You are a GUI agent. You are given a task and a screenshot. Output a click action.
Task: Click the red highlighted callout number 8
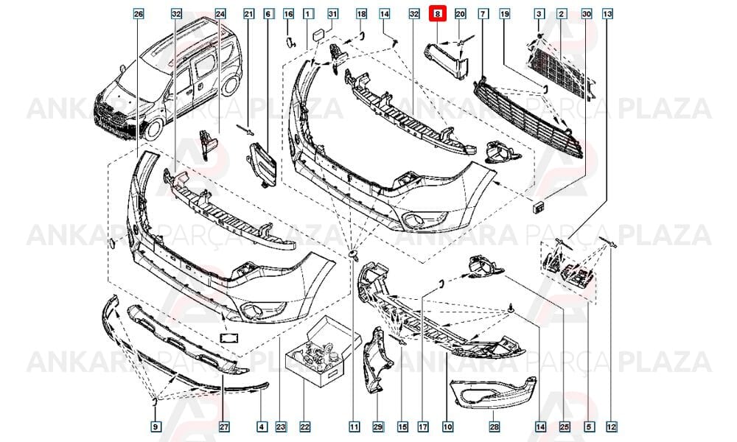coord(437,14)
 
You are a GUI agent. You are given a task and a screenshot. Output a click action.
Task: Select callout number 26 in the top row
coord(139,14)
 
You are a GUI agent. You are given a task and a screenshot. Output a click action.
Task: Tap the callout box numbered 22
coord(305,427)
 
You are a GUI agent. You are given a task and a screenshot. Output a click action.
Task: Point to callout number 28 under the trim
coord(494,427)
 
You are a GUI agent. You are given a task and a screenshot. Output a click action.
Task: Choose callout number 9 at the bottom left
coord(155,427)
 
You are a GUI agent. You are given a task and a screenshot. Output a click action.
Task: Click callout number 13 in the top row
coord(607,14)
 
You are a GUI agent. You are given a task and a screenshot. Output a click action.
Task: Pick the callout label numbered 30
coord(586,14)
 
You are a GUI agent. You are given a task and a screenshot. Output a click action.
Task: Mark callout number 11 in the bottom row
coord(354,427)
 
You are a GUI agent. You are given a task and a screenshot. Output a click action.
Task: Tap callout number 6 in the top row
coord(268,14)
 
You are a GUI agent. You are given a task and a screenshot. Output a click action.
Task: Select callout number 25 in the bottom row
coord(565,427)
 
